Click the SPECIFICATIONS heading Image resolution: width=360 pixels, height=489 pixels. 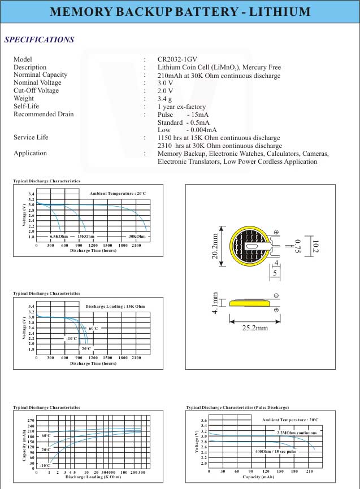click(39, 40)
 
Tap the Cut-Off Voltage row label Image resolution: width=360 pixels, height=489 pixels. click(36, 90)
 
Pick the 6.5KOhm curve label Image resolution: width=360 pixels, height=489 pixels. click(58, 236)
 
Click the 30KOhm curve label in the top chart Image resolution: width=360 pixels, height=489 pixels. click(137, 236)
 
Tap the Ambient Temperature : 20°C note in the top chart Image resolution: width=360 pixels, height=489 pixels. click(118, 194)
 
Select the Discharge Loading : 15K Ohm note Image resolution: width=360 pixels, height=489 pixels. click(115, 306)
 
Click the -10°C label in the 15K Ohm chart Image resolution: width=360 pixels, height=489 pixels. click(71, 338)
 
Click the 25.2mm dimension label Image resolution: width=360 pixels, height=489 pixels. click(254, 328)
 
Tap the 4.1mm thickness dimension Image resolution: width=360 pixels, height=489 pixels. click(215, 304)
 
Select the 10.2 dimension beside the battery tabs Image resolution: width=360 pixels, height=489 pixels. click(316, 247)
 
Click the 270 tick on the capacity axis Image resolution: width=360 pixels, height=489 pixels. click(31, 421)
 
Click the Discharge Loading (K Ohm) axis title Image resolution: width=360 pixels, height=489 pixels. click(93, 477)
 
